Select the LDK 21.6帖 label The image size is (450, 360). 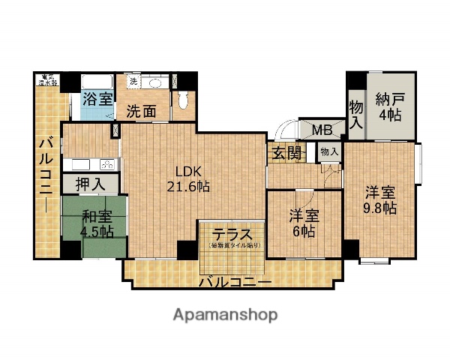click(192, 178)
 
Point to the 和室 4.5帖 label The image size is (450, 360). click(97, 223)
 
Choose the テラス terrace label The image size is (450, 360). click(231, 233)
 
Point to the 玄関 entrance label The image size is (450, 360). click(287, 154)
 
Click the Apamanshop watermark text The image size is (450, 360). click(226, 314)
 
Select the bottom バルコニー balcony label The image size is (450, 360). click(235, 282)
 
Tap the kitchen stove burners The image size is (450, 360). click(107, 164)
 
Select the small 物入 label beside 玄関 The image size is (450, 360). click(328, 151)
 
